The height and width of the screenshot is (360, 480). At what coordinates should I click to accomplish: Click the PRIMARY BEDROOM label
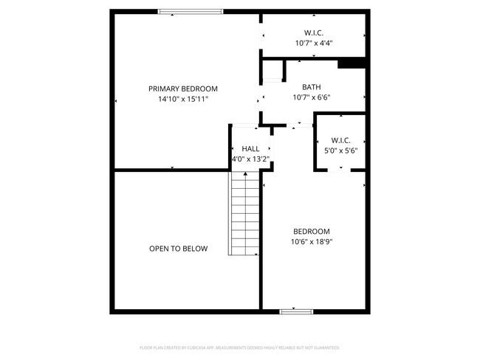pyautogui.click(x=182, y=89)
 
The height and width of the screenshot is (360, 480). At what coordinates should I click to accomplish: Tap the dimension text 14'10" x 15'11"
pyautogui.click(x=182, y=99)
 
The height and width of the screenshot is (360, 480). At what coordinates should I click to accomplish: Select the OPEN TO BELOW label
pyautogui.click(x=178, y=249)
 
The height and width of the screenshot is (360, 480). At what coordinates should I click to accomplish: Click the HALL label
pyautogui.click(x=251, y=148)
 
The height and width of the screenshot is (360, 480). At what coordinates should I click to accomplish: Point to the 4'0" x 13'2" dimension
pyautogui.click(x=251, y=159)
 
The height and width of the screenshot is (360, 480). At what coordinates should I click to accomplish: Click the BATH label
pyautogui.click(x=311, y=86)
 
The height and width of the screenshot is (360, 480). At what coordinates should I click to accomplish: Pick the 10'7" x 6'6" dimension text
pyautogui.click(x=311, y=97)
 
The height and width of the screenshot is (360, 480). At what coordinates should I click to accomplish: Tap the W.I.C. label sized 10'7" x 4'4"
pyautogui.click(x=314, y=32)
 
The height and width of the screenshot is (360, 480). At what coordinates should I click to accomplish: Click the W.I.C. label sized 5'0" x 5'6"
pyautogui.click(x=340, y=140)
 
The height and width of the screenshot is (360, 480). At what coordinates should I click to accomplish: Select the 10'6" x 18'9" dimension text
pyautogui.click(x=312, y=241)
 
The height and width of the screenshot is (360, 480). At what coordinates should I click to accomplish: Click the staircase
pyautogui.click(x=244, y=214)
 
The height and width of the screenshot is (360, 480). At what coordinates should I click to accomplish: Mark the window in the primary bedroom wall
pyautogui.click(x=191, y=11)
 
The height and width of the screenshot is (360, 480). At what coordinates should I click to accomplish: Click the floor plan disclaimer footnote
pyautogui.click(x=239, y=347)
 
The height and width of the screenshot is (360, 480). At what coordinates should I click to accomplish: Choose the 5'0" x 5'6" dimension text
pyautogui.click(x=340, y=150)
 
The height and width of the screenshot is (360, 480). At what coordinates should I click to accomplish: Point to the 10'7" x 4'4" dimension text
pyautogui.click(x=314, y=43)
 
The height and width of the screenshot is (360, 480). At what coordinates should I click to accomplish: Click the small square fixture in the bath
pyautogui.click(x=272, y=72)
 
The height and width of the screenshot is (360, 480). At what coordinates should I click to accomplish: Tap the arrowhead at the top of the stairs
pyautogui.click(x=244, y=174)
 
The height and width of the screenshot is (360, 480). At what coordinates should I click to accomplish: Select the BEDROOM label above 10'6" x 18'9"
pyautogui.click(x=312, y=231)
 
